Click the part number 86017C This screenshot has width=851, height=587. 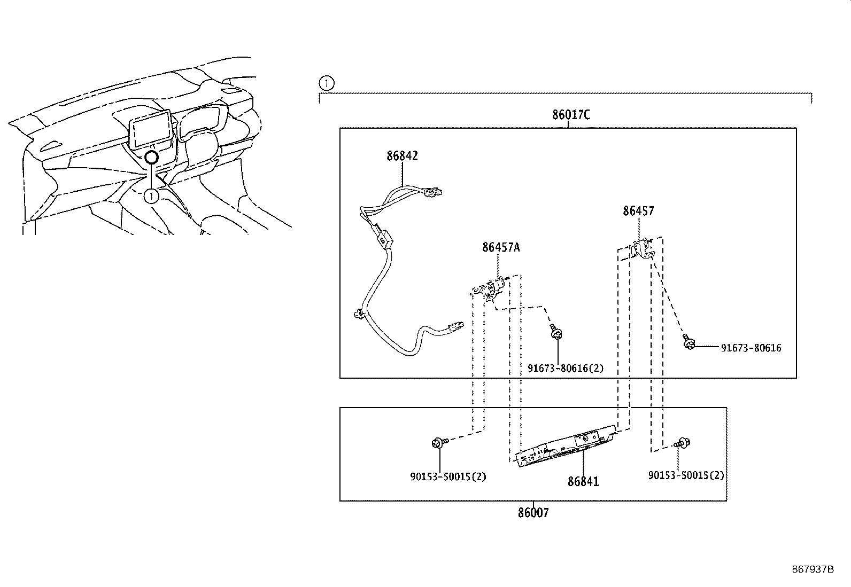(571, 115)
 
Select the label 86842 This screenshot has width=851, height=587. (402, 156)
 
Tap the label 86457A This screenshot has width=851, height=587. (501, 247)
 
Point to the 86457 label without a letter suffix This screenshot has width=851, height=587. (638, 211)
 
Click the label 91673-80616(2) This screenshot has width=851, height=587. (566, 368)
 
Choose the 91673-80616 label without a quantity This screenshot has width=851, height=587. (751, 348)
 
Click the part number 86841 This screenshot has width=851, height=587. (583, 481)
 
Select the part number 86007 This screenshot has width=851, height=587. (533, 513)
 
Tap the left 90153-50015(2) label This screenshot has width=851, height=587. (448, 476)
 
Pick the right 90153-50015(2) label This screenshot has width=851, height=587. (686, 475)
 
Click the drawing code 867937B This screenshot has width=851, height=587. (813, 569)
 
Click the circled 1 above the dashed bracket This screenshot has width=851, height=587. (326, 83)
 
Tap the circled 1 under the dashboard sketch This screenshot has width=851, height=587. (152, 196)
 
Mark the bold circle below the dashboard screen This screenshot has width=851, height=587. (152, 157)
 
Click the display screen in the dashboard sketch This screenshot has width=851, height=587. (151, 129)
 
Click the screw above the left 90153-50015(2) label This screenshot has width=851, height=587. (438, 442)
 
